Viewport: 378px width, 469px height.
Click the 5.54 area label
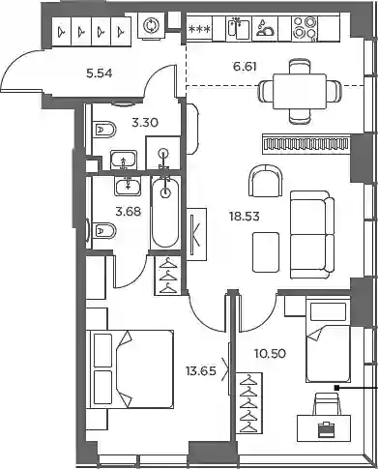[x=100, y=73]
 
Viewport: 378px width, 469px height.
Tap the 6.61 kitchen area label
[x=245, y=67]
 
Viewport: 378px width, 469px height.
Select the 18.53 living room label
[x=245, y=217]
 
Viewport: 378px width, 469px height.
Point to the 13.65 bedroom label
[x=201, y=371]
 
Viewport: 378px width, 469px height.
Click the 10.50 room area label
[x=270, y=354]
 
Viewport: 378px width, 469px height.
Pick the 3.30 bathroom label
[x=145, y=123]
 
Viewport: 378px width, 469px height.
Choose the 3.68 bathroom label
[x=129, y=212]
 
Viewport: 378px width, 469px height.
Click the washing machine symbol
[x=150, y=26]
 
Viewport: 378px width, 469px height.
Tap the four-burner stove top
[x=305, y=28]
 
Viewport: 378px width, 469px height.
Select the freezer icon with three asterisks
[x=199, y=29]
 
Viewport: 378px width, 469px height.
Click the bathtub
[x=165, y=213]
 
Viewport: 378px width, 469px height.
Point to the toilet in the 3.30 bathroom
[x=104, y=130]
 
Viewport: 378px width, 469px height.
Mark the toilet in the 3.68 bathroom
[x=104, y=230]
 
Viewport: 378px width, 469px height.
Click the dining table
[x=300, y=91]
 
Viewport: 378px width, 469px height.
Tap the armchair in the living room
[x=266, y=181]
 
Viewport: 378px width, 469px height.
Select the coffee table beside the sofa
[x=266, y=252]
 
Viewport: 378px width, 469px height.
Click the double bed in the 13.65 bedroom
[x=131, y=369]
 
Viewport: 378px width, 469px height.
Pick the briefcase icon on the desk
[x=324, y=429]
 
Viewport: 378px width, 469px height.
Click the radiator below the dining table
[x=306, y=144]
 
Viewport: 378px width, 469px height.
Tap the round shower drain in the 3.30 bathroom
[x=164, y=152]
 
